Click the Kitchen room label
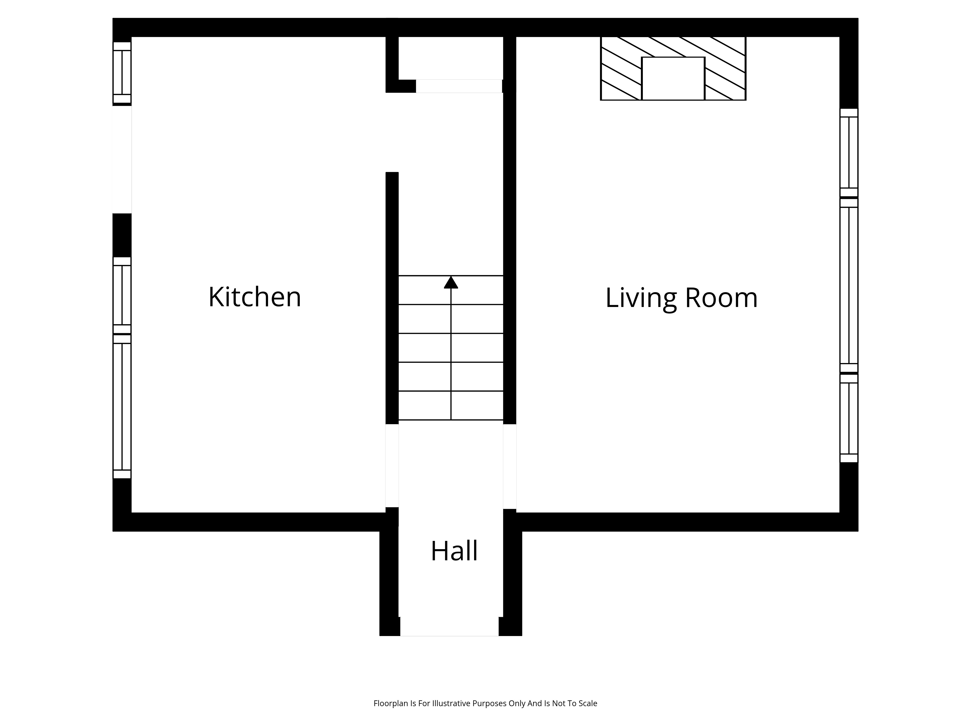click(x=255, y=297)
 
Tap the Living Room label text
click(x=681, y=298)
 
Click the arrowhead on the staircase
click(x=451, y=282)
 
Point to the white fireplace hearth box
click(x=673, y=79)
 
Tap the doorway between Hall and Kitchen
click(x=392, y=466)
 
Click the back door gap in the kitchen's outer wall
click(x=122, y=160)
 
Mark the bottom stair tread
click(x=451, y=405)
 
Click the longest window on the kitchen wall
click(x=122, y=406)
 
